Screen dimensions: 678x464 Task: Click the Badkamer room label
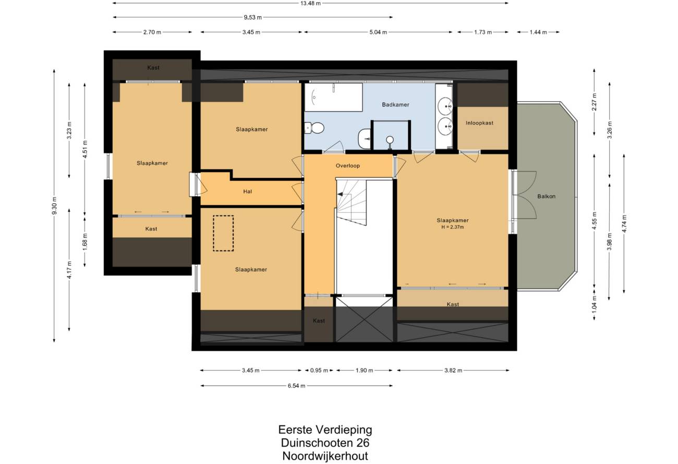tap(395, 105)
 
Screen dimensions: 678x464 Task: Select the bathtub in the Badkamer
tap(333, 97)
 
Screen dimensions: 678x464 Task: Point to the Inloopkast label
tap(479, 123)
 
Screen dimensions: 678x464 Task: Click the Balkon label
tap(547, 197)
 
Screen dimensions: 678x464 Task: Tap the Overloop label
tap(347, 166)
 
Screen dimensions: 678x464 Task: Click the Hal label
tap(247, 191)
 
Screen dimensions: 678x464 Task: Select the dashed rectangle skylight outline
tap(223, 233)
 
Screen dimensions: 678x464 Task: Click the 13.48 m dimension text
tap(310, 3)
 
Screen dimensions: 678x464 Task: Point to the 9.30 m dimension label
tap(54, 206)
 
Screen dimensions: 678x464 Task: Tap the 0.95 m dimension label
tap(319, 370)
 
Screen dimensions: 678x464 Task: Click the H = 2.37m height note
tap(453, 227)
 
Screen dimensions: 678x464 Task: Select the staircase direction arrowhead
tap(340, 194)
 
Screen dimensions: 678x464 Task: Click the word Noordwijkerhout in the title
tap(325, 456)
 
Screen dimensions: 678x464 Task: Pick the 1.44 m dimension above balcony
tap(538, 32)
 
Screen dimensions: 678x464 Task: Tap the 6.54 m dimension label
tap(296, 386)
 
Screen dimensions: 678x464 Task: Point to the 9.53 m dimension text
tap(253, 17)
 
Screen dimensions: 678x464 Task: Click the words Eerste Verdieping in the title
tap(325, 430)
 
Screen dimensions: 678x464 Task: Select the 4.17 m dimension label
tap(69, 270)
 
